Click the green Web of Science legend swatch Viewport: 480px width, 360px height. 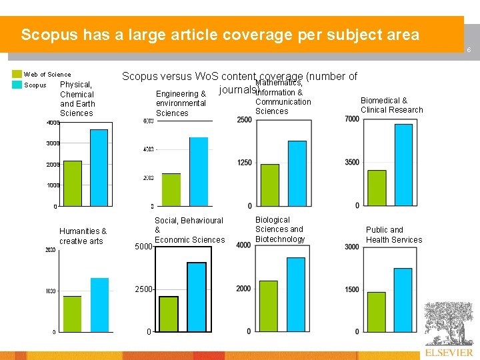(17, 75)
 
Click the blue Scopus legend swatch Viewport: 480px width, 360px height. (17, 85)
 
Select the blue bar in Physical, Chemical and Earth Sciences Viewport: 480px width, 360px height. (99, 167)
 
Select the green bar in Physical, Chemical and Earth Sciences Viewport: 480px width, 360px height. (73, 183)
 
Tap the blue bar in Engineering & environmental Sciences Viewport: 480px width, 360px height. (199, 171)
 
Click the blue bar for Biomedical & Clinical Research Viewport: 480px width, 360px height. (403, 165)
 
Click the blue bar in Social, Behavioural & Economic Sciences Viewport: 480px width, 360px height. (196, 297)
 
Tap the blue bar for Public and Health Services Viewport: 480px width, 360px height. (403, 299)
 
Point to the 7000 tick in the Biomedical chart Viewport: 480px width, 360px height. (352, 119)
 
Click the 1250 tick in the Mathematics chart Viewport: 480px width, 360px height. (244, 163)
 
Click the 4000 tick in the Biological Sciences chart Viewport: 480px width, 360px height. (243, 245)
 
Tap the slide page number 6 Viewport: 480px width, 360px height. (469, 51)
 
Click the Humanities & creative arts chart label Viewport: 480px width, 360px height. (83, 236)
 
